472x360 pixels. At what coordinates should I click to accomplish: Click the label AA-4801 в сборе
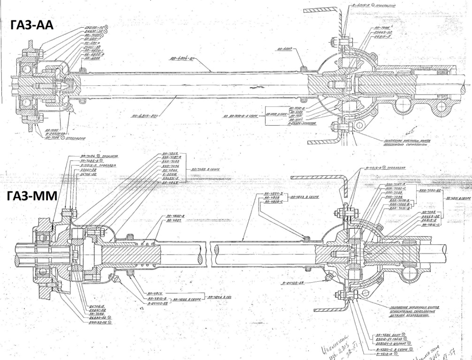pos(458,199)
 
